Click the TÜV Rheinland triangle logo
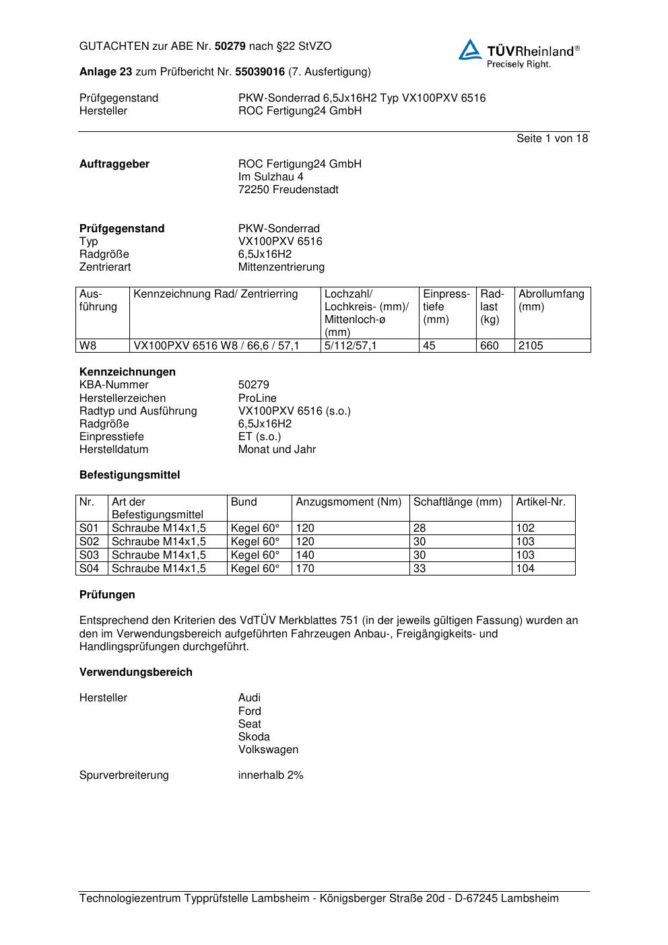470,50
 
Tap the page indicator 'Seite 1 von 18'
552,139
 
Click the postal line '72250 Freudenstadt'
288,190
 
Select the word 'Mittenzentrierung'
281,267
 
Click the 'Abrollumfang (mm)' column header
551,300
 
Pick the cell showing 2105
531,346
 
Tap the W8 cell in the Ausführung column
88,346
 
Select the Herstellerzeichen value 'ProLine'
257,398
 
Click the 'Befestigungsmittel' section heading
129,475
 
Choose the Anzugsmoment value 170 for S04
305,569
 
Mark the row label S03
90,555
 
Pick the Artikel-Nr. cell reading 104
525,569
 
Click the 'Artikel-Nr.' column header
541,502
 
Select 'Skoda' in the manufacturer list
254,737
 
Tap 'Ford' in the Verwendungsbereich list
249,711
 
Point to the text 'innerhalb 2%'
271,775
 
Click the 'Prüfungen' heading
107,595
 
